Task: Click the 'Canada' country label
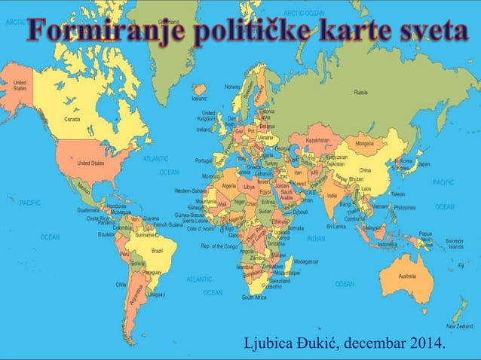pyautogui.click(x=72, y=119)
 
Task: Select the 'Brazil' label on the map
pyautogui.click(x=158, y=249)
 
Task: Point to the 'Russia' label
pyautogui.click(x=360, y=92)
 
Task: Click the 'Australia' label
pyautogui.click(x=407, y=276)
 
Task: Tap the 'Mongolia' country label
pyautogui.click(x=364, y=143)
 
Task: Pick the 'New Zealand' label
pyautogui.click(x=459, y=326)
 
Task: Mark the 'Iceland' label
pyautogui.click(x=199, y=98)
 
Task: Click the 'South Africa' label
pyautogui.click(x=254, y=297)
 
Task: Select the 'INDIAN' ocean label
pyautogui.click(x=316, y=238)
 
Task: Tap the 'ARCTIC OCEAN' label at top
pyautogui.click(x=304, y=13)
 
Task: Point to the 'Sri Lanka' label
pyautogui.click(x=335, y=225)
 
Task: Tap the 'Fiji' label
pyautogui.click(x=460, y=266)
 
